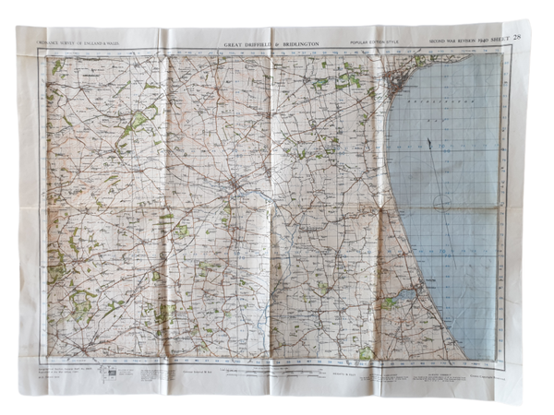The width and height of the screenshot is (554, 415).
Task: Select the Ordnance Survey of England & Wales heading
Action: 72,42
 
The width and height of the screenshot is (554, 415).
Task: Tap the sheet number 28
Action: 524,37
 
